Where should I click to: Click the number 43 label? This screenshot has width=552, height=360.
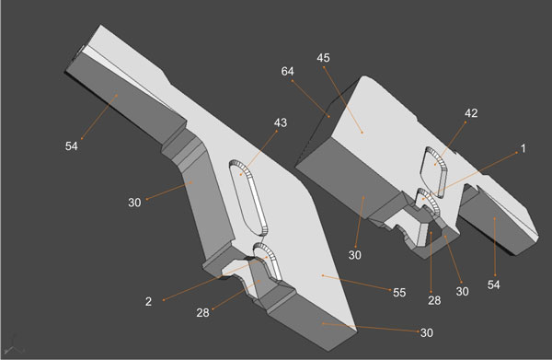(281, 123)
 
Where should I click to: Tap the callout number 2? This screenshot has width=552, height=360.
(148, 301)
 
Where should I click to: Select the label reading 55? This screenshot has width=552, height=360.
(399, 293)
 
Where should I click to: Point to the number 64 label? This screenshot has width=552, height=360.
(287, 72)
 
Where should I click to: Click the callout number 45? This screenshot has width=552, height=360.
(323, 58)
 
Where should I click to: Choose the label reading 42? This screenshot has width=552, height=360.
(471, 113)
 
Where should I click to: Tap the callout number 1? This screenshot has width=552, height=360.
(523, 148)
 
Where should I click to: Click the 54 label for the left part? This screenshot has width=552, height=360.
(71, 145)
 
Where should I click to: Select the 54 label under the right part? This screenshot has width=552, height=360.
(493, 285)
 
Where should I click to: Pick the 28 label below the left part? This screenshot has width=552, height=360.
(202, 312)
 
